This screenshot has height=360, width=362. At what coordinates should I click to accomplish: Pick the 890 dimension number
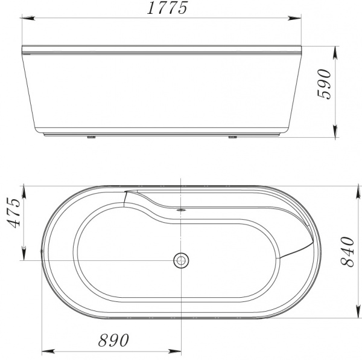pos(113,341)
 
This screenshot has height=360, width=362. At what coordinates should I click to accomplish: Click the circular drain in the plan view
pos(180,260)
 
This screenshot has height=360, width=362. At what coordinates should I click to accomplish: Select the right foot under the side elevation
pos(232,137)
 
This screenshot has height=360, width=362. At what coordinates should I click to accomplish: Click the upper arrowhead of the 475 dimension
pos(24,190)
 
